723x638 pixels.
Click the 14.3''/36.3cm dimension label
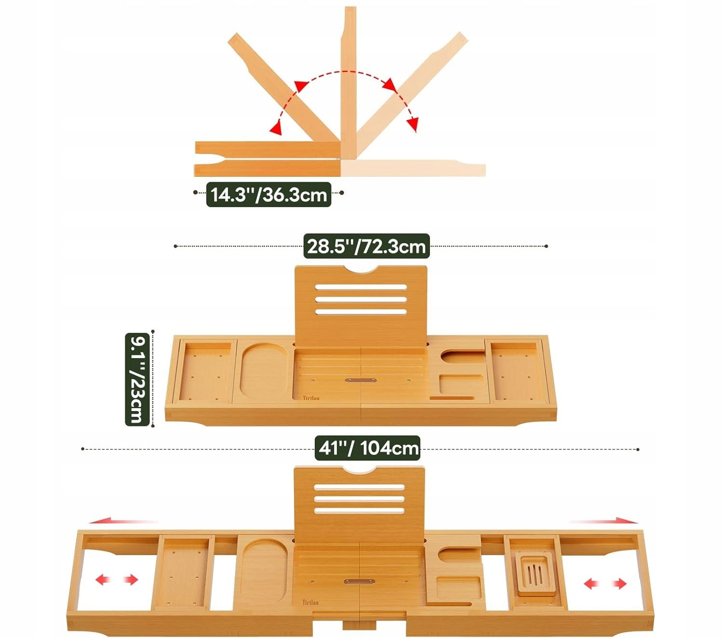click(269, 195)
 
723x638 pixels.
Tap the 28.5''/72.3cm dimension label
click(366, 246)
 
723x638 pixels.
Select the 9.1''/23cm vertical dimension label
click(137, 379)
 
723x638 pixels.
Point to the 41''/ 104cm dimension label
click(368, 448)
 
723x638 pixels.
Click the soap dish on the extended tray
click(534, 572)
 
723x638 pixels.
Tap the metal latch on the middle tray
click(361, 380)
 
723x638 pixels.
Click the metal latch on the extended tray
click(360, 581)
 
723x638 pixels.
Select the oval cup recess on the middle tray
click(264, 371)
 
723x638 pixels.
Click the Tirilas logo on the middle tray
click(311, 398)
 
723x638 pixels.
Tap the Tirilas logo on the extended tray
click(310, 603)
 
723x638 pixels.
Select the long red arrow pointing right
click(603, 521)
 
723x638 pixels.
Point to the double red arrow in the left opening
click(117, 580)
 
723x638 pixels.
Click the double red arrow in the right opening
click(605, 584)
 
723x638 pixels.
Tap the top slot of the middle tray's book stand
click(361, 287)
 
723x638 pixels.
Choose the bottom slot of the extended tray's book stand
click(360, 511)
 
